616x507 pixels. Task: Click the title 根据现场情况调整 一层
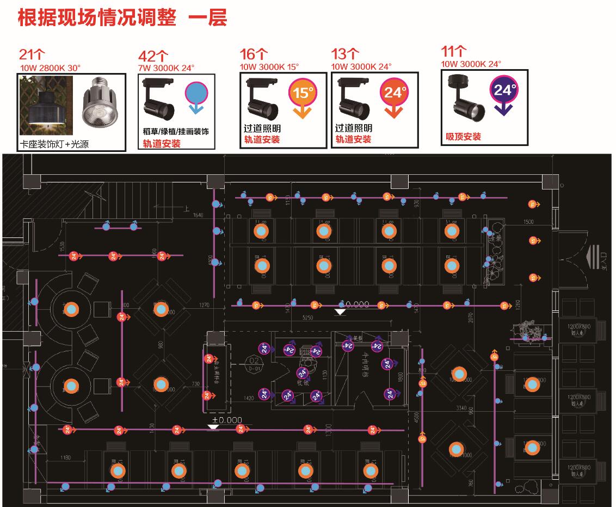point(122,17)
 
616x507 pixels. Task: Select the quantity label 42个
point(153,57)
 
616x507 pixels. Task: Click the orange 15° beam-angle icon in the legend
point(303,96)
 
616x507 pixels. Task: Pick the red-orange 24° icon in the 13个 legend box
point(395,96)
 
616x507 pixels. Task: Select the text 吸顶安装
point(463,136)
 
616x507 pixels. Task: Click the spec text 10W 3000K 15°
point(269,67)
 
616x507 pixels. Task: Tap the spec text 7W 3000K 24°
point(167,68)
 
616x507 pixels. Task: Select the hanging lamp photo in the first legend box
point(45,105)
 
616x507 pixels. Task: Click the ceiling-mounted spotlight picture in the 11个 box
point(466,98)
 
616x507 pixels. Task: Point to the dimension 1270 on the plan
point(204,305)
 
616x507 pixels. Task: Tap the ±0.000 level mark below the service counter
point(227,420)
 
